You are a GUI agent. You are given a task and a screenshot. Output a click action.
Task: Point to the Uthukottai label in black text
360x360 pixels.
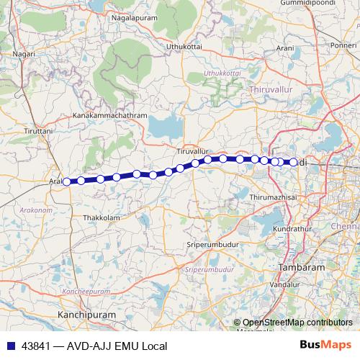tap(181, 47)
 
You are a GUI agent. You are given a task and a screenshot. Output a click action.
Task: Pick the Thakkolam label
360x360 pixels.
tap(102, 217)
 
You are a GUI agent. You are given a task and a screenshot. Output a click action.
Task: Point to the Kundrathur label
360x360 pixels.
tap(292, 228)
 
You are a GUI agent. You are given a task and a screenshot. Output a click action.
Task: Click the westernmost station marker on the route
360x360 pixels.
tap(66, 181)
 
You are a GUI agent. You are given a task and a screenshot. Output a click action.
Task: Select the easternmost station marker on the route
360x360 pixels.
tap(293, 163)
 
